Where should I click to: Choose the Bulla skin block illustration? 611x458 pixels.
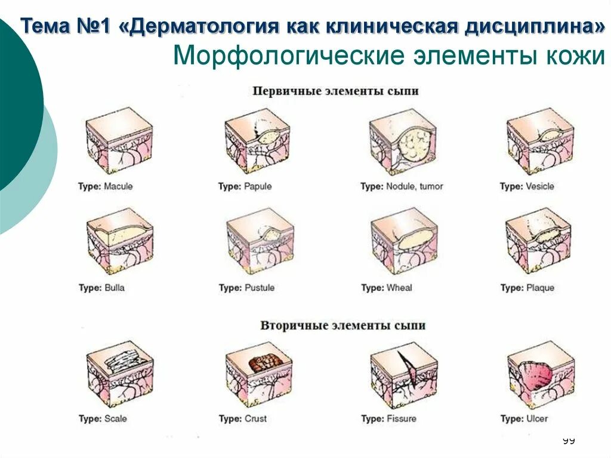click(x=119, y=241)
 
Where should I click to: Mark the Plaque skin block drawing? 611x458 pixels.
click(x=538, y=241)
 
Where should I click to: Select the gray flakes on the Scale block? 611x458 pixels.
click(x=122, y=362)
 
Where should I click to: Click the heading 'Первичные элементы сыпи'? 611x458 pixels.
click(x=335, y=91)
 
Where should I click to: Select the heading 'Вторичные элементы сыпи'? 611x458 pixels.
click(x=343, y=326)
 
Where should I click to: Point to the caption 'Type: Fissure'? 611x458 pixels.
click(x=388, y=419)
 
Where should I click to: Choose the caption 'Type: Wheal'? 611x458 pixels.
click(x=387, y=288)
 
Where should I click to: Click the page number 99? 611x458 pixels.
click(x=568, y=441)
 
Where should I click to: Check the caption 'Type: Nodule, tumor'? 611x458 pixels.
click(x=402, y=186)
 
